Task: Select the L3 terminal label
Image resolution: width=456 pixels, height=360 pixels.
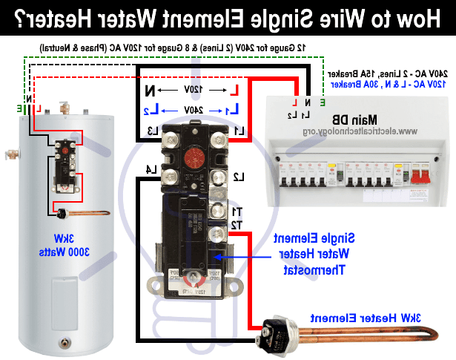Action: pos(153,131)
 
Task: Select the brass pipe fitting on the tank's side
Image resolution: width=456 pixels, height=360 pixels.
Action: pos(10,155)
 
